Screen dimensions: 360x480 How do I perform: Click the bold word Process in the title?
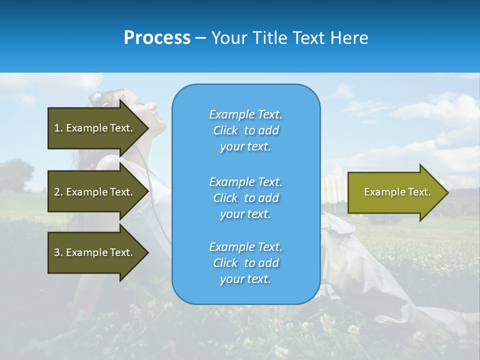(157, 38)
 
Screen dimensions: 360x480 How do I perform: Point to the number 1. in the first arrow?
(58, 128)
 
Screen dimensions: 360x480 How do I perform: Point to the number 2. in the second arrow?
(58, 192)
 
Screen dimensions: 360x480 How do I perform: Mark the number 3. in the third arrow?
(58, 252)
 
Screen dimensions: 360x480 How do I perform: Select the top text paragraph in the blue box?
(245, 130)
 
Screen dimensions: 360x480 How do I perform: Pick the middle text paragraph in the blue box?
(245, 198)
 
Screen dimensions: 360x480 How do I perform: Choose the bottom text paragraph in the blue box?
(245, 263)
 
